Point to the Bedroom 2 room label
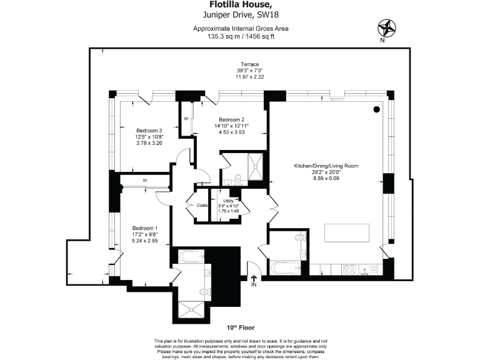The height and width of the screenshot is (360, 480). click(x=231, y=119)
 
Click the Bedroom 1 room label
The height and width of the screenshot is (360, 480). click(x=144, y=227)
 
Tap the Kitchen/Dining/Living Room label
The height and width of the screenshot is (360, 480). click(x=327, y=166)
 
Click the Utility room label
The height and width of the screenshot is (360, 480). click(x=228, y=201)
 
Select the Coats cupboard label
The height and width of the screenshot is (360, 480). click(x=201, y=205)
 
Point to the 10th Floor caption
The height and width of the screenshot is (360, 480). click(x=240, y=328)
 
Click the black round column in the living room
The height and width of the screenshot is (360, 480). click(x=376, y=110)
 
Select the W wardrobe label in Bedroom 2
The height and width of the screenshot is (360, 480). click(x=186, y=118)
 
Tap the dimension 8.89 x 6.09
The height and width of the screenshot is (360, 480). click(x=327, y=179)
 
